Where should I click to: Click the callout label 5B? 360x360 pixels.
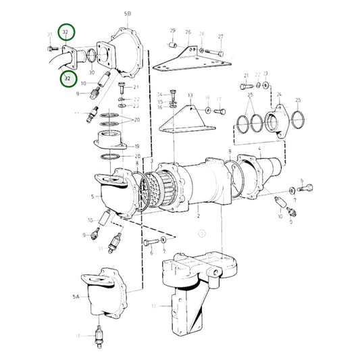(x=129, y=13)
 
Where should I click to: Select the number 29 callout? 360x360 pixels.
(x=172, y=30)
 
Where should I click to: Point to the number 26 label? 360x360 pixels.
(x=188, y=31)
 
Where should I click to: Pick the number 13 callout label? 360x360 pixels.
(x=190, y=95)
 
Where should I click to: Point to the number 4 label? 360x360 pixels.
(x=259, y=147)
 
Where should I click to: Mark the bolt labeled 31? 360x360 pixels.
(x=53, y=49)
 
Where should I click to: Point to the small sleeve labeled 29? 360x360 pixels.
(x=174, y=45)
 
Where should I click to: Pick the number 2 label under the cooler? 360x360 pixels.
(x=198, y=216)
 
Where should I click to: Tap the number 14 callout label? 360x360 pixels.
(x=160, y=94)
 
